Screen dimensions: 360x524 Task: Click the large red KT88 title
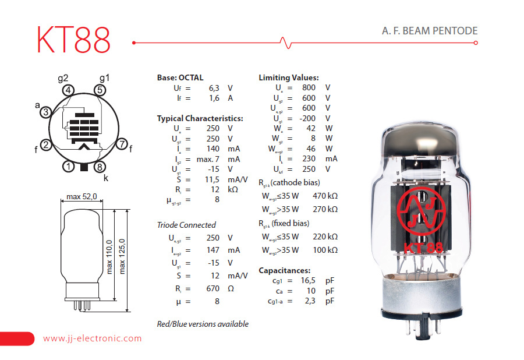73,40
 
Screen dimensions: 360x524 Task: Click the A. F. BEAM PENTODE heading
426,31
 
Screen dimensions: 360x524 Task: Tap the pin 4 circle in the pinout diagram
69,90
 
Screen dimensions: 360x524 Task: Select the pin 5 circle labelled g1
100,90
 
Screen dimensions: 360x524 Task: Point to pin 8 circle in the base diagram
100,167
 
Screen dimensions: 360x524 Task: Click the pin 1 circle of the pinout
69,167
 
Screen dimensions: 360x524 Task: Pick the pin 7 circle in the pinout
122,144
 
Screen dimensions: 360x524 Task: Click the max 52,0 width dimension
82,196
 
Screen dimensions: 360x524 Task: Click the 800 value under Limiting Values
309,88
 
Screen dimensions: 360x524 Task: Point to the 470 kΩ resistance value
324,196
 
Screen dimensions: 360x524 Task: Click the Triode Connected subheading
186,225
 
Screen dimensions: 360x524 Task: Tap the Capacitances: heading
284,270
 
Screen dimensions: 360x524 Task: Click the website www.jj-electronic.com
92,338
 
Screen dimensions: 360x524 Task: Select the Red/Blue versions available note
203,324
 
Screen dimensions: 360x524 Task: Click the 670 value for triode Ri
213,288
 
